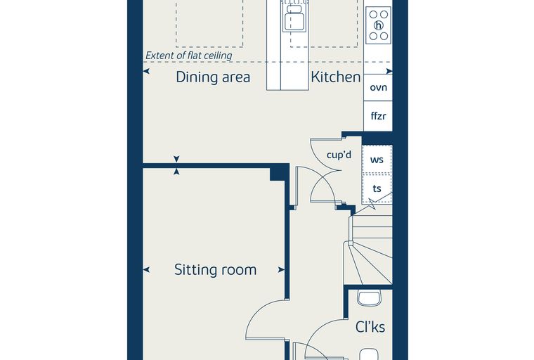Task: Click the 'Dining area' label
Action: [213, 77]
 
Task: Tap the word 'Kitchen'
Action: [335, 77]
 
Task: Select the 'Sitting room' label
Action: [215, 270]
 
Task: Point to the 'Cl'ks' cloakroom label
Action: [370, 327]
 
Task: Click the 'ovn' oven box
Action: [378, 87]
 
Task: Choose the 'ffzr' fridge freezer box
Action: [378, 116]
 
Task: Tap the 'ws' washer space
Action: [377, 159]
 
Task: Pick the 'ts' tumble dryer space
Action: [377, 188]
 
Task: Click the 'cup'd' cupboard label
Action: [339, 155]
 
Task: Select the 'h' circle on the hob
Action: [378, 25]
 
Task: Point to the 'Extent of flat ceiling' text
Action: [189, 56]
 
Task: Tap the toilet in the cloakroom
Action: [368, 299]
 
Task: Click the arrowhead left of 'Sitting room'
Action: [146, 270]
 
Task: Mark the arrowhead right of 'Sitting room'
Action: [281, 270]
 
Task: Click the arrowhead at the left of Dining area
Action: [146, 71]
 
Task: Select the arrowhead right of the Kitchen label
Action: [389, 71]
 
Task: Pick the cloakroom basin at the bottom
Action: [369, 354]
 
